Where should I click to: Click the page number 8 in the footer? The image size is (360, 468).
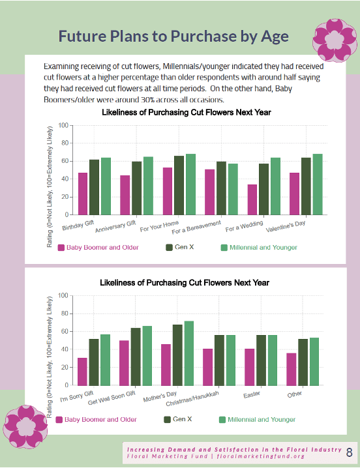click(x=350, y=452)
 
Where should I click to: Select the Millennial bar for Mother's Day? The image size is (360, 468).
click(x=188, y=353)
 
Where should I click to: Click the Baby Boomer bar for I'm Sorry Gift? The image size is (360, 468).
click(x=82, y=372)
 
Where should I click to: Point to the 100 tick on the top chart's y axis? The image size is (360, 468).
click(x=63, y=125)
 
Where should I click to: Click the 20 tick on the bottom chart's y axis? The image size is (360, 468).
click(x=63, y=368)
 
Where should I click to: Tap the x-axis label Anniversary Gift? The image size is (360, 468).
click(x=115, y=229)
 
